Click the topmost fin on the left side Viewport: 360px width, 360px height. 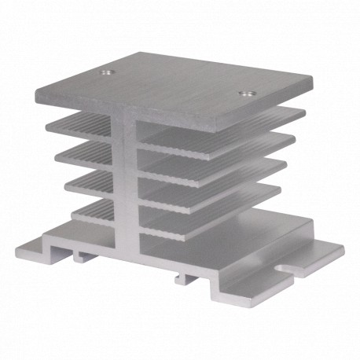[79, 126]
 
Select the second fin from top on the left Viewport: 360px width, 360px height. [83, 154]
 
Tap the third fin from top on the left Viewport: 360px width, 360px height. [88, 182]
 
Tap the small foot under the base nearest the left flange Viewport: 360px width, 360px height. [82, 255]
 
